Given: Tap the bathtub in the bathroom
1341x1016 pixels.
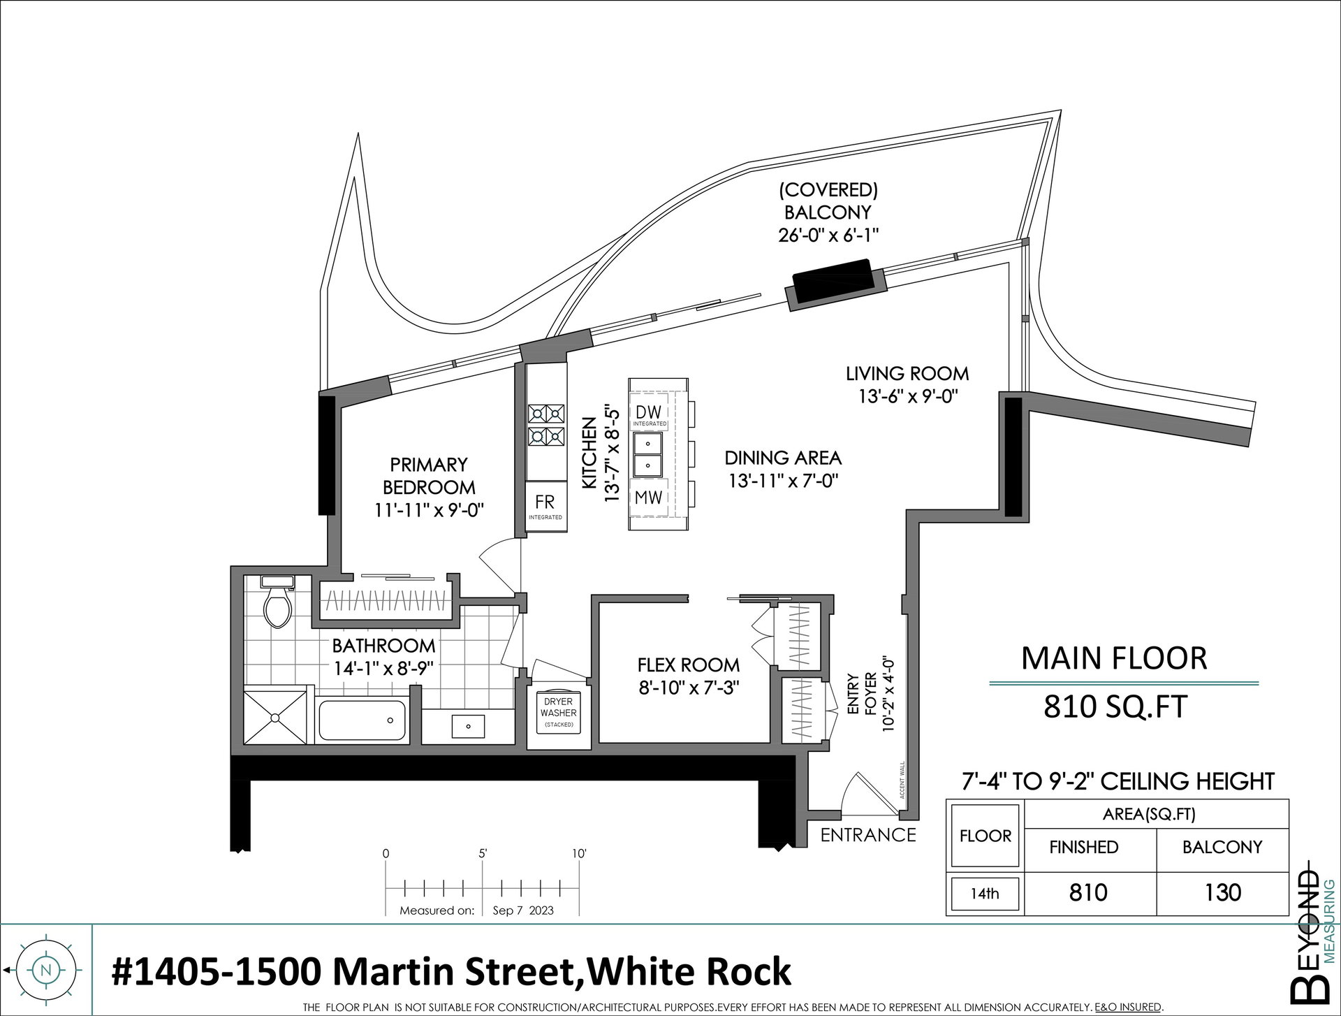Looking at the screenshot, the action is tap(362, 721).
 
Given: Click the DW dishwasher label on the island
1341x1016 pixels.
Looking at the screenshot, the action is tap(649, 412).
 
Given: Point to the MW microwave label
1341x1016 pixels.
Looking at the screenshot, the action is tap(649, 498).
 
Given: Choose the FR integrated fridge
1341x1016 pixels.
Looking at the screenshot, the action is tap(545, 505).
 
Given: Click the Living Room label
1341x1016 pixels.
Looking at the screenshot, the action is tap(907, 374).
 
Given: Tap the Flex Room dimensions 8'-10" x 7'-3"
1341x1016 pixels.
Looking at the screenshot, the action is tap(688, 688).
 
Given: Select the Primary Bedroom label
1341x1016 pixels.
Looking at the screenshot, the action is tap(429, 476).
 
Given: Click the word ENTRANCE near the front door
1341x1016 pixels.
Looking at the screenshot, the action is tap(868, 835).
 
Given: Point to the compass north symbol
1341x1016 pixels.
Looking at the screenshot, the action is tap(46, 970).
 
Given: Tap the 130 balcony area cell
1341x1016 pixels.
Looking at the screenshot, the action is tap(1222, 892).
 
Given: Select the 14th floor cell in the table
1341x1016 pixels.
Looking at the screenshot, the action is tap(985, 893).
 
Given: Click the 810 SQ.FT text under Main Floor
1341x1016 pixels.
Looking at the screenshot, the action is tap(1115, 707).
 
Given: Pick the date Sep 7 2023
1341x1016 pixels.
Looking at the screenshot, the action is tap(523, 910).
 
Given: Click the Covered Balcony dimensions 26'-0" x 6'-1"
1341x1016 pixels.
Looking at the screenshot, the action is tap(828, 235).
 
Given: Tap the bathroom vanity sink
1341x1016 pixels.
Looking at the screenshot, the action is tap(468, 727).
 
